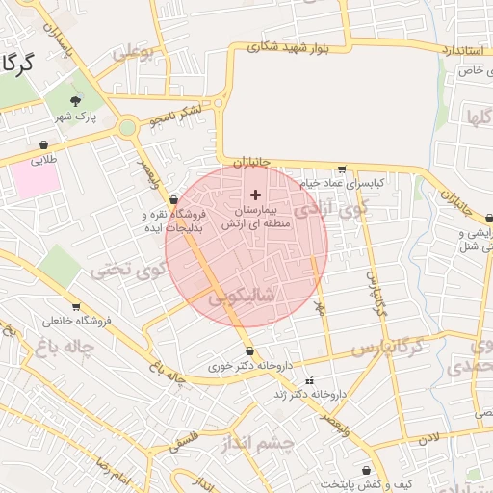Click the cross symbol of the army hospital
(255, 195)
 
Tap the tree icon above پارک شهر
(76, 99)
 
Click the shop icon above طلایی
(43, 144)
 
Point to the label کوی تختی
(122, 272)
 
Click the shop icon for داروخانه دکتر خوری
(250, 351)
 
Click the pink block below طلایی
(37, 178)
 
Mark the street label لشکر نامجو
(176, 117)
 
